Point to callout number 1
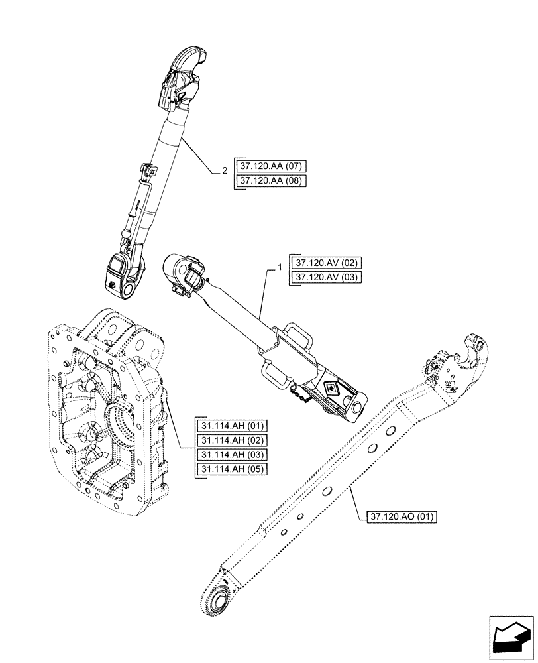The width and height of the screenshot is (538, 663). point(280,268)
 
